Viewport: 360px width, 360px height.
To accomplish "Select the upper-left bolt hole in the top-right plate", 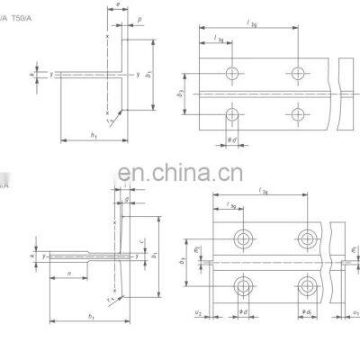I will pos(233,71).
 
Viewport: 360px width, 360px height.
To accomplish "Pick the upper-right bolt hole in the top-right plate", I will pos(296,71).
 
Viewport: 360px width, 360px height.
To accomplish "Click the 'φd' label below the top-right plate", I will pos(233,138).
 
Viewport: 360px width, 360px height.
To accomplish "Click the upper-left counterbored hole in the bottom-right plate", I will pos(242,238).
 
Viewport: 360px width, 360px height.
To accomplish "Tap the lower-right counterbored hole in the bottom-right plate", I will pos(307,287).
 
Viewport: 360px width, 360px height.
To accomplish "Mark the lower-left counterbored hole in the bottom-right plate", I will pos(242,287).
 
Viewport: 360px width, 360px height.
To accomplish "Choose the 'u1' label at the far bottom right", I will pos(355,311).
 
